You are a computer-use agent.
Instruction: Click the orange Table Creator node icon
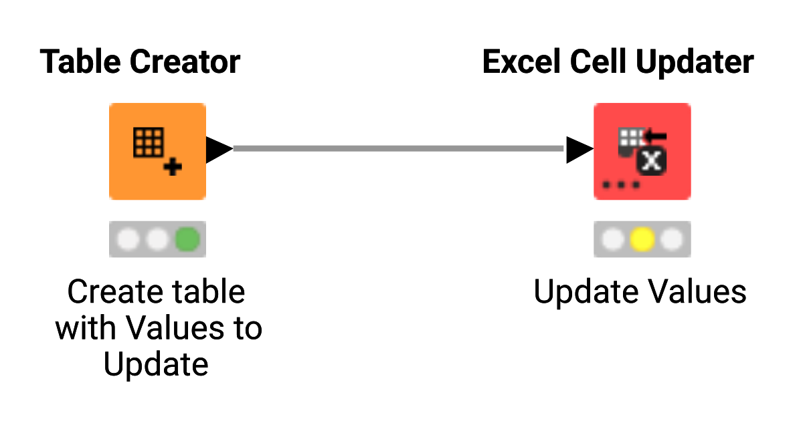(157, 151)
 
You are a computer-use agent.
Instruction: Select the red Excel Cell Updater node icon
(642, 151)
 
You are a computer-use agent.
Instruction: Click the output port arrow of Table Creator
(219, 148)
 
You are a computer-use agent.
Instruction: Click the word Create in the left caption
(112, 293)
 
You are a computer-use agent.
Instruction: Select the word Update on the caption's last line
(157, 365)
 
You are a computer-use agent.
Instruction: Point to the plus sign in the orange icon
(173, 167)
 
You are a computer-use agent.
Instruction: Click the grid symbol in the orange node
(149, 142)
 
